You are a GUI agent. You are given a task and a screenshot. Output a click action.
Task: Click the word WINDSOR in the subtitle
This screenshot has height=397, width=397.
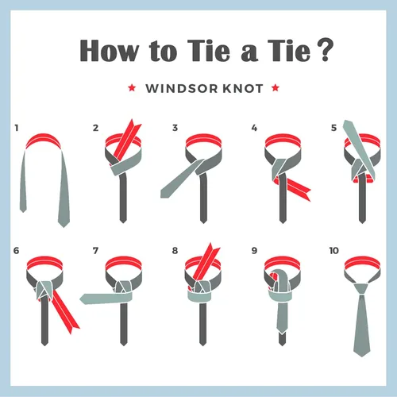182,88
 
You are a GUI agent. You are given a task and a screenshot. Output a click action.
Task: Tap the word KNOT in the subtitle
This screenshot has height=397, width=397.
243,88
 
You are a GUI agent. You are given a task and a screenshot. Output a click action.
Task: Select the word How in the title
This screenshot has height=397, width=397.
110,51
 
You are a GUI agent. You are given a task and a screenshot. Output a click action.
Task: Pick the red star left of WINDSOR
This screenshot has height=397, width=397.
132,87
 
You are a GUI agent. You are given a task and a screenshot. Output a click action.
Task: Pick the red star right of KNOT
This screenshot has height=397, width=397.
276,87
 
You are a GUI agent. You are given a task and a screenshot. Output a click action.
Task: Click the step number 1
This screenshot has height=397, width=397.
17,128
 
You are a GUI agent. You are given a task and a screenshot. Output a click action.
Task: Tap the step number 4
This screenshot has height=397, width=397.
254,128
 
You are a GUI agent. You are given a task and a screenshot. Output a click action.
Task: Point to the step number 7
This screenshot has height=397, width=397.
95,251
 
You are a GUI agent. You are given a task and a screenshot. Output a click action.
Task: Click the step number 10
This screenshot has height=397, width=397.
334,251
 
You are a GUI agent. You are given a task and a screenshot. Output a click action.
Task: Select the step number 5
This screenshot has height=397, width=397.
334,128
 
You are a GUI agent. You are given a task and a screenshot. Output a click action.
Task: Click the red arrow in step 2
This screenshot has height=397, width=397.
127,141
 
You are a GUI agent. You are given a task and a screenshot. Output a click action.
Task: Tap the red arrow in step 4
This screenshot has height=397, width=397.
294,187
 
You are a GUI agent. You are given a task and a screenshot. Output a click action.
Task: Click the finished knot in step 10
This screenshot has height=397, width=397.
362,288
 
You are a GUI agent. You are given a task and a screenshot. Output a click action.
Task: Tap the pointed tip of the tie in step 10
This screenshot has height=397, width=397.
362,357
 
